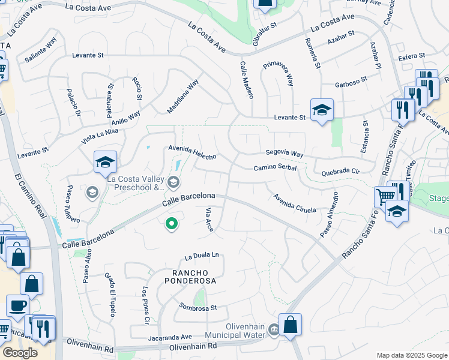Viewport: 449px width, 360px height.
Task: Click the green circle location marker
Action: (x=172, y=224)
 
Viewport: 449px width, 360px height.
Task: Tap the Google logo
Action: (x=20, y=353)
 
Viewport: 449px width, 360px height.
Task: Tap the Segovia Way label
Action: (x=285, y=154)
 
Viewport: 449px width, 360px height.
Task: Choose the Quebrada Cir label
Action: (x=340, y=171)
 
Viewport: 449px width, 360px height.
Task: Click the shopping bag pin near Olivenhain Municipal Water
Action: (x=290, y=325)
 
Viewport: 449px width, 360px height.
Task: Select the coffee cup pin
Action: (x=17, y=305)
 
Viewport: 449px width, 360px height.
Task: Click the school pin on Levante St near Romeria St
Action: (x=322, y=110)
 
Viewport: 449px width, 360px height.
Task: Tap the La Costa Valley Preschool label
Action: (x=136, y=182)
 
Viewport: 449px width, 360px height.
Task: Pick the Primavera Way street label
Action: (x=281, y=73)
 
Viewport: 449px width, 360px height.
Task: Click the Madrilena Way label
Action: (x=182, y=96)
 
